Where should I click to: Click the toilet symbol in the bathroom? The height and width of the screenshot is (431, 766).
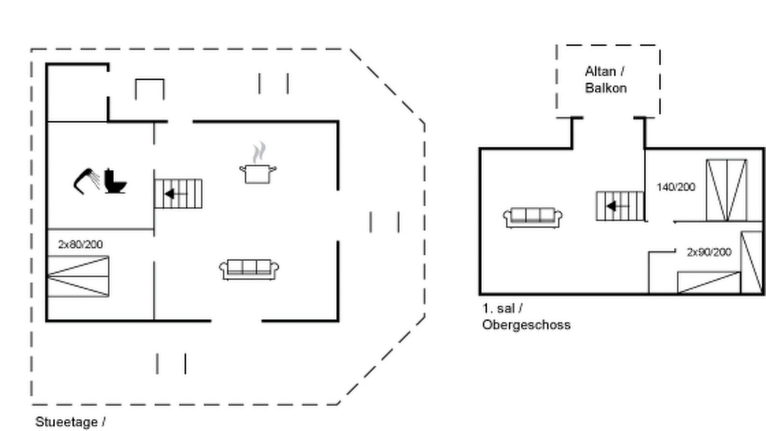coord(115,181)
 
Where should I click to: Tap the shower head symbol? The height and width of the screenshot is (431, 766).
coord(86,181)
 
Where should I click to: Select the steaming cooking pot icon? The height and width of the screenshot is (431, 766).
coord(258,163)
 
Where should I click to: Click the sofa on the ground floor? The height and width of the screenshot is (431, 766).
coord(249,269)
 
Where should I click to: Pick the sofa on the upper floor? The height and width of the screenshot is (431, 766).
coord(533,217)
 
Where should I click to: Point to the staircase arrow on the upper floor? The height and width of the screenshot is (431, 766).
coord(617,207)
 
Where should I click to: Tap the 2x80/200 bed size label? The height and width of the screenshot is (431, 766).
coord(80,244)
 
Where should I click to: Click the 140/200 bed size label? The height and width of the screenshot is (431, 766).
coord(676,187)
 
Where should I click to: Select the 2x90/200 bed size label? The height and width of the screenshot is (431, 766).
coord(709,252)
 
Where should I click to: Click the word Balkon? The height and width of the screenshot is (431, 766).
coord(606,88)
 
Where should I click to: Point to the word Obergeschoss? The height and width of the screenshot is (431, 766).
coord(527,324)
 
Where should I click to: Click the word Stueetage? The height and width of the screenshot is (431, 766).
coord(66,422)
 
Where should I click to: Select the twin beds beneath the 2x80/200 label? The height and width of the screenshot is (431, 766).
coord(78,276)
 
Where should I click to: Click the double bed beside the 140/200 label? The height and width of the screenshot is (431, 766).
coord(727,190)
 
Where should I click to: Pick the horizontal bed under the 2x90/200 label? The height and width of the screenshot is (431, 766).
coord(709,283)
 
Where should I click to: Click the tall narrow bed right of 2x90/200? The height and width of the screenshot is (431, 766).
coord(752,262)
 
